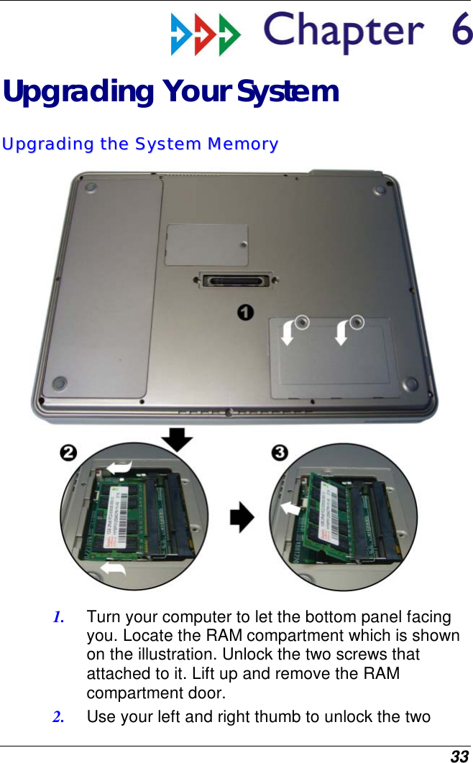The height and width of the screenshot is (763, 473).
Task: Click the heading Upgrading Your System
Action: point(170,92)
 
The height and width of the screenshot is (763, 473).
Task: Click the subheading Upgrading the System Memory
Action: point(139,144)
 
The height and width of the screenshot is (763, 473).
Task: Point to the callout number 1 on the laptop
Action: point(246,312)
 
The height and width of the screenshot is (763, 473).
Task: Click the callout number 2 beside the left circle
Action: point(68,453)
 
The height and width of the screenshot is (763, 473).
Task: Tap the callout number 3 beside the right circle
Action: point(280,453)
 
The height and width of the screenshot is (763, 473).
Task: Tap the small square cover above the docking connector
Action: point(207,245)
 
